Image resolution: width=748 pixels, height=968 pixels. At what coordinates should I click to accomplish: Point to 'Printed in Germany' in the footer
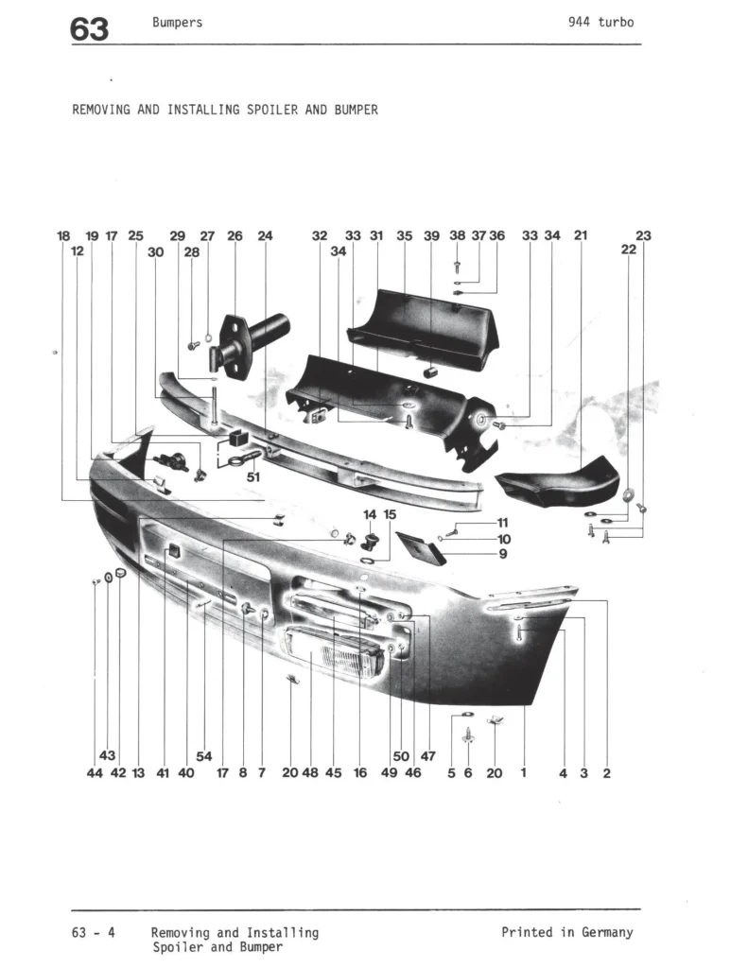pos(566,932)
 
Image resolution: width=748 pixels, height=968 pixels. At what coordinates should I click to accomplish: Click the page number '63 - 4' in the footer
pos(94,932)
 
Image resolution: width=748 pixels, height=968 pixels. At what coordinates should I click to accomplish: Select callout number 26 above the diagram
pos(235,236)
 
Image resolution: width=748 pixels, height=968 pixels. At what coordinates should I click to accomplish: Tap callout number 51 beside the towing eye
pos(252,477)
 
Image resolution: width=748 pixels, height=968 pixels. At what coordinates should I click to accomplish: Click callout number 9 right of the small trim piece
pos(503,555)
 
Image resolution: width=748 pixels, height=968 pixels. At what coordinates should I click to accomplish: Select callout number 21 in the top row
pos(581,236)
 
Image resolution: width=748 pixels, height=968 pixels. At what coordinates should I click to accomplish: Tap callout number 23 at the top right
pos(644,236)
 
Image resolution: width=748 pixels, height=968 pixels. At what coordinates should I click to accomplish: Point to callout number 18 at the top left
pos(63,236)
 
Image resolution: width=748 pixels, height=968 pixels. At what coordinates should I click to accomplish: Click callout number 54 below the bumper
pos(204,755)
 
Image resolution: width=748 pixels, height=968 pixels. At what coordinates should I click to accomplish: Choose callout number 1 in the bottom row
pos(523,773)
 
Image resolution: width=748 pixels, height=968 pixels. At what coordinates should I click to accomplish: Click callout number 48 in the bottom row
pos(310,773)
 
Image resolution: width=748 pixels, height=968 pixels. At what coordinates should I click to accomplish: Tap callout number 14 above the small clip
pos(370,514)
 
